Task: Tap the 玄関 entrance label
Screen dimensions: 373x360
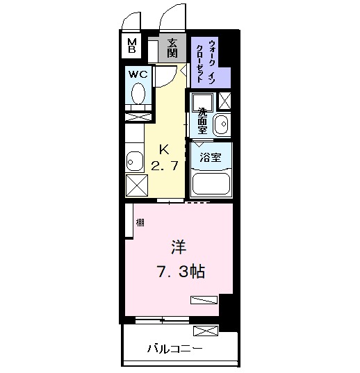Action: click(172, 47)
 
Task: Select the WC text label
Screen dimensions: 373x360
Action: click(136, 74)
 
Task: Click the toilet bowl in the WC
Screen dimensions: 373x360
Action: click(138, 93)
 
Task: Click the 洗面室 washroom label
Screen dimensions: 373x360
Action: click(202, 121)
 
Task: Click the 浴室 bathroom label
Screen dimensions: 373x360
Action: click(210, 157)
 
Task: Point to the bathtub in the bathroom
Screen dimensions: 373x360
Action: click(210, 183)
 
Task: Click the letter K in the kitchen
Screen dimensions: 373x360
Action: click(165, 149)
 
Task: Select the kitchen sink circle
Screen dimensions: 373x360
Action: click(131, 163)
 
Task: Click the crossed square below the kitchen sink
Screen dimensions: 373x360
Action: click(136, 185)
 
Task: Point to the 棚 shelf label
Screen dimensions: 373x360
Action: click(140, 222)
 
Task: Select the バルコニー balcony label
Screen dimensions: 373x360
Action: click(174, 348)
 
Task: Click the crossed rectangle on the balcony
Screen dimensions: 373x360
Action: click(206, 331)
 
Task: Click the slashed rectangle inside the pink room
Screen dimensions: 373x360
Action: click(204, 300)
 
